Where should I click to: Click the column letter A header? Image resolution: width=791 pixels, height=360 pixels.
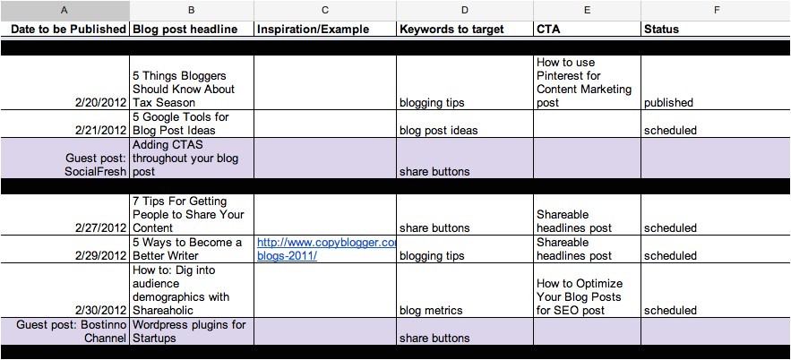point(64,10)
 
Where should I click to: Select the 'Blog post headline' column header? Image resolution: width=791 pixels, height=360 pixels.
point(185,29)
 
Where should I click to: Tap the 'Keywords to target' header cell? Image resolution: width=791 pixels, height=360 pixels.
point(451,29)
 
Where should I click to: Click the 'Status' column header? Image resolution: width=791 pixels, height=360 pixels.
point(662,29)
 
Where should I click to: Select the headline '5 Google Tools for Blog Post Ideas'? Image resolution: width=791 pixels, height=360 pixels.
point(181,124)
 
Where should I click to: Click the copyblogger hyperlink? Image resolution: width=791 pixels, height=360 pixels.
point(325,249)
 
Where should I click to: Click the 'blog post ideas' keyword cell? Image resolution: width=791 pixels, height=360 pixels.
point(438,130)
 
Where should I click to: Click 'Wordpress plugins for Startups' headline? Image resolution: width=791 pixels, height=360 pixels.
point(188,331)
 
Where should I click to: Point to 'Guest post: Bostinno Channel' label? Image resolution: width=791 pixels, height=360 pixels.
point(72,331)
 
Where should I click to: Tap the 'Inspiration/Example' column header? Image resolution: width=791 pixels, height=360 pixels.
point(313,29)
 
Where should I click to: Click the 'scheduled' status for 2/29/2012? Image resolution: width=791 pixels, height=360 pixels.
point(670,255)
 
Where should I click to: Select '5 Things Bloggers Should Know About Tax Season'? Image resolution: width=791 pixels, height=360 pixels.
point(184,89)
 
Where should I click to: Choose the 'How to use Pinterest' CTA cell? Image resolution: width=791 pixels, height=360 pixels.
point(584,82)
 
